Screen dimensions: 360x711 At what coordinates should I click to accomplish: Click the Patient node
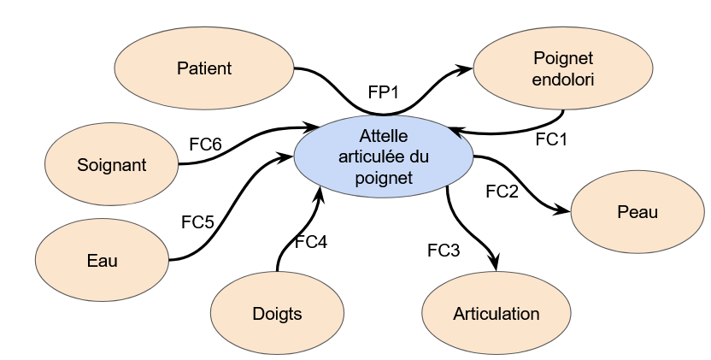[204, 68]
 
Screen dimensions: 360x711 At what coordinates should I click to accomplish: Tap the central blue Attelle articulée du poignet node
[384, 157]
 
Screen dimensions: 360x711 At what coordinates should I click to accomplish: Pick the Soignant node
[111, 165]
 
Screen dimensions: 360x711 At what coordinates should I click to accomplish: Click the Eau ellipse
[103, 261]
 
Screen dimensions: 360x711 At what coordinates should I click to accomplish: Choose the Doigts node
[277, 313]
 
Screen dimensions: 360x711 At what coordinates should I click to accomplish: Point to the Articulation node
[496, 313]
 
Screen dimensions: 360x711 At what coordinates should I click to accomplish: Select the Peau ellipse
[638, 212]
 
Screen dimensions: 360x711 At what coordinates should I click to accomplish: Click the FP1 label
[385, 91]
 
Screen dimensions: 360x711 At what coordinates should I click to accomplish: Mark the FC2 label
[502, 192]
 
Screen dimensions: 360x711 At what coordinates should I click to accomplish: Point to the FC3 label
[444, 251]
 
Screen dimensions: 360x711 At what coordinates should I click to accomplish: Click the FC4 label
[311, 242]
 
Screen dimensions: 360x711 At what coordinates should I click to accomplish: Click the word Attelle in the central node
[384, 137]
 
